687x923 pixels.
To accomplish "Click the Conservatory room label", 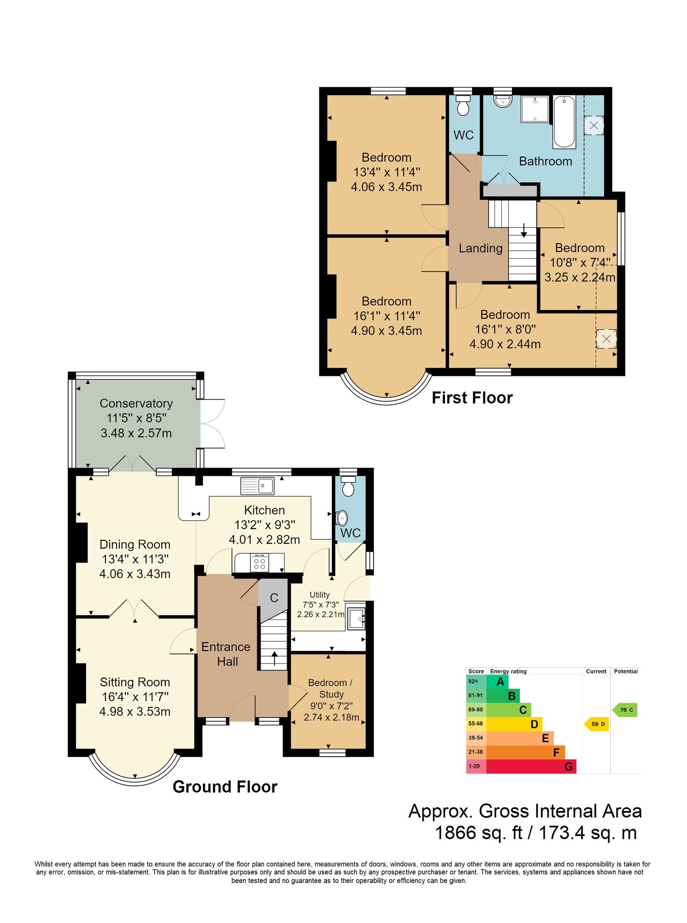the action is click(x=136, y=403).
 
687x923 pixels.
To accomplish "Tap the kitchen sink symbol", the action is click(x=257, y=486).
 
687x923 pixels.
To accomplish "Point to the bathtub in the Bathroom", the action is click(x=564, y=122).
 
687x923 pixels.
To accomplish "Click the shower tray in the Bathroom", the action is click(x=535, y=109).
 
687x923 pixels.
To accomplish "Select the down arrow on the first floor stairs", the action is click(x=524, y=230).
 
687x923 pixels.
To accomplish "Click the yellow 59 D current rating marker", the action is click(x=596, y=724).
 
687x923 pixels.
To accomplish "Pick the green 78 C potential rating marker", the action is click(x=625, y=710).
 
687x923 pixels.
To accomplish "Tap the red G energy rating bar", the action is click(x=531, y=766).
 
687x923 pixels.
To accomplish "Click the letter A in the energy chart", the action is click(x=500, y=681).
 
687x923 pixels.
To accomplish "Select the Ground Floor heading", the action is click(x=225, y=787).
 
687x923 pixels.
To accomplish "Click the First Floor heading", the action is click(x=472, y=398).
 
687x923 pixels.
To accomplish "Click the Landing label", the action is click(x=480, y=248).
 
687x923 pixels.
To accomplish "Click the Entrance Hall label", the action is click(x=226, y=654).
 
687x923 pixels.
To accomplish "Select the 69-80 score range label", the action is click(x=475, y=710).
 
